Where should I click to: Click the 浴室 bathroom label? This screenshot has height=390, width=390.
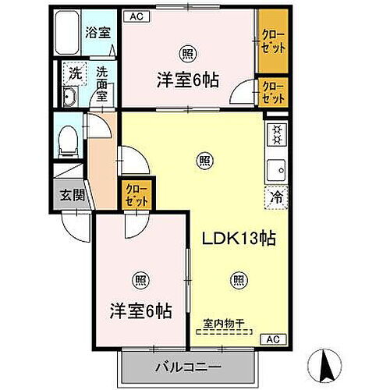[x=97, y=33]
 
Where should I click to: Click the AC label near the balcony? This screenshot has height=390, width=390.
[x=274, y=339]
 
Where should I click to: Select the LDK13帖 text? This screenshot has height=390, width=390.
[x=231, y=238]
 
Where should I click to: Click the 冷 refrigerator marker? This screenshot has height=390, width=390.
[x=275, y=197]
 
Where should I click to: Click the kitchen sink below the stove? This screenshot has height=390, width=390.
[x=275, y=168]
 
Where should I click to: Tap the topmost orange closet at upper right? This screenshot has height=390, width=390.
[x=273, y=38]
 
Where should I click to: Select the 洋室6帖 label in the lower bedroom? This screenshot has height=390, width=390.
[x=140, y=310]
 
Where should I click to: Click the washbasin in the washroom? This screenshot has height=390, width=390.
[x=69, y=97]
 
